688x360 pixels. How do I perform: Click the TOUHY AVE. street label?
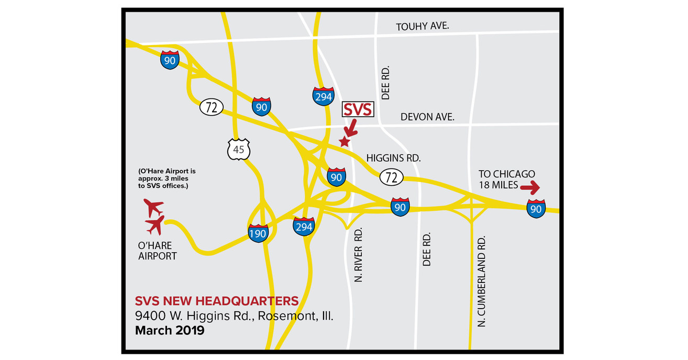(x=423, y=26)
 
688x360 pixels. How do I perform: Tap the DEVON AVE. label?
(x=427, y=117)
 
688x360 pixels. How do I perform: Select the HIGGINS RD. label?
(x=393, y=157)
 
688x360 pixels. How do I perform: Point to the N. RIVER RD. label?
(x=359, y=255)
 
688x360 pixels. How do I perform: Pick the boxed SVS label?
(x=357, y=109)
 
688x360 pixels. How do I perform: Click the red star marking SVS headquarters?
(x=345, y=141)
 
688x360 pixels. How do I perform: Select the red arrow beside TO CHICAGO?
(x=530, y=186)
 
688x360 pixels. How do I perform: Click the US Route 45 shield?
(x=239, y=150)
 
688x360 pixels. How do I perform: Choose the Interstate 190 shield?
(x=258, y=232)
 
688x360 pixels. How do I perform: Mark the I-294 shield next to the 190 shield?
(x=304, y=226)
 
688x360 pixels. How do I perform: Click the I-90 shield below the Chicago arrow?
(x=536, y=208)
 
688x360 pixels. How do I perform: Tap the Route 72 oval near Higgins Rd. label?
(x=392, y=177)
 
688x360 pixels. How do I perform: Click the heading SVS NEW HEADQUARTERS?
(x=217, y=301)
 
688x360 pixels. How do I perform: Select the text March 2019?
(x=170, y=331)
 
